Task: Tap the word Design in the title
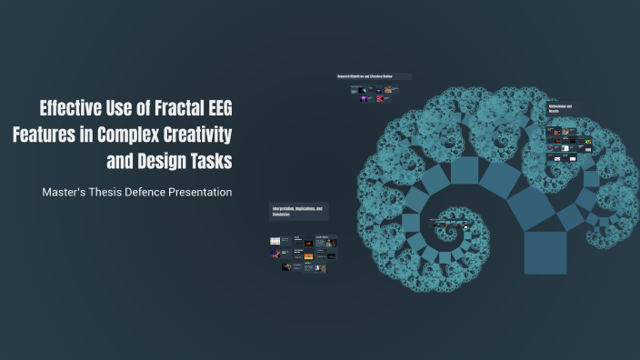[x=164, y=161]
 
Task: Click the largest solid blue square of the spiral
[x=545, y=252]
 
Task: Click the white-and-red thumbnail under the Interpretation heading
[x=275, y=241]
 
